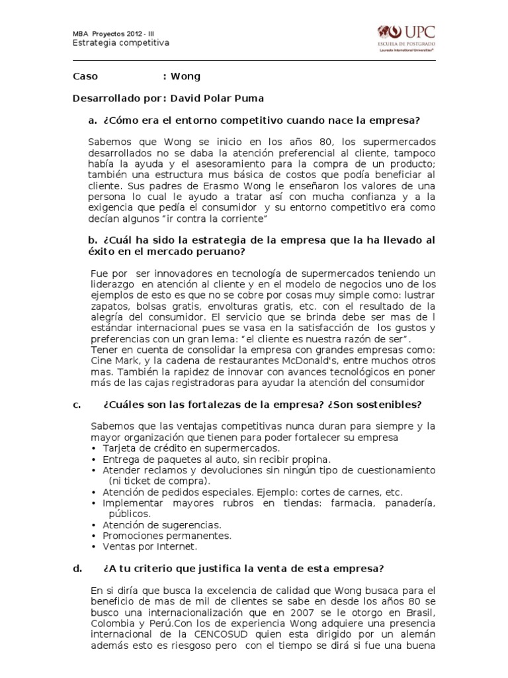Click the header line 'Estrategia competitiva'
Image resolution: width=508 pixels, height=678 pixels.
click(x=120, y=42)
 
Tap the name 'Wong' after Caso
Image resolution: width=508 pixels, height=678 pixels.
click(x=185, y=77)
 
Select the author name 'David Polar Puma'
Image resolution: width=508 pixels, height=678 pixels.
click(x=217, y=99)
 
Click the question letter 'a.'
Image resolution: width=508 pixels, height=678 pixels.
click(x=93, y=120)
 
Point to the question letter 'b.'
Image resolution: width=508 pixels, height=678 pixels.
click(x=93, y=239)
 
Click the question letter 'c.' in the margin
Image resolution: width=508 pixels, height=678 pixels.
click(x=77, y=405)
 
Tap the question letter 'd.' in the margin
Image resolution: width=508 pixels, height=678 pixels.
click(x=77, y=568)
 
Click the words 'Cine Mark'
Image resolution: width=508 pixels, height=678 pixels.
click(x=109, y=360)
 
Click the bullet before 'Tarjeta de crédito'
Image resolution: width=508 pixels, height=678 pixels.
click(x=95, y=448)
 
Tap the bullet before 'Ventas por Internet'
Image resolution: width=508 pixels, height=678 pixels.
click(x=95, y=547)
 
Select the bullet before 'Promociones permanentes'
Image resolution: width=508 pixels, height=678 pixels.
click(x=95, y=536)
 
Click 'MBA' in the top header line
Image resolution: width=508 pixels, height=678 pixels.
click(x=80, y=33)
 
